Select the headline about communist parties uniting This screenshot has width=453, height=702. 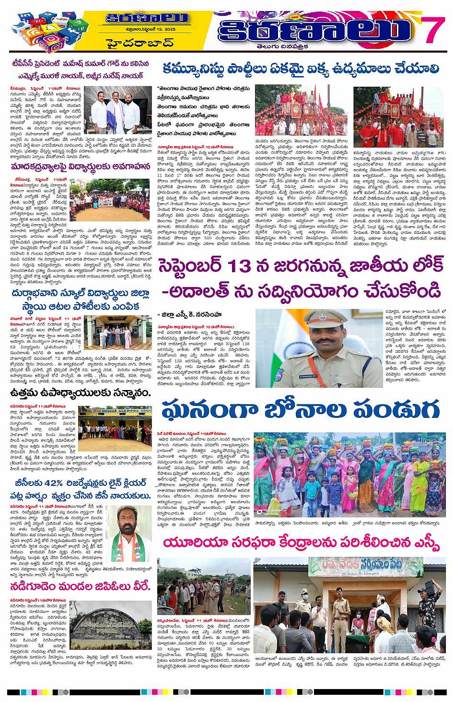[301, 69]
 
